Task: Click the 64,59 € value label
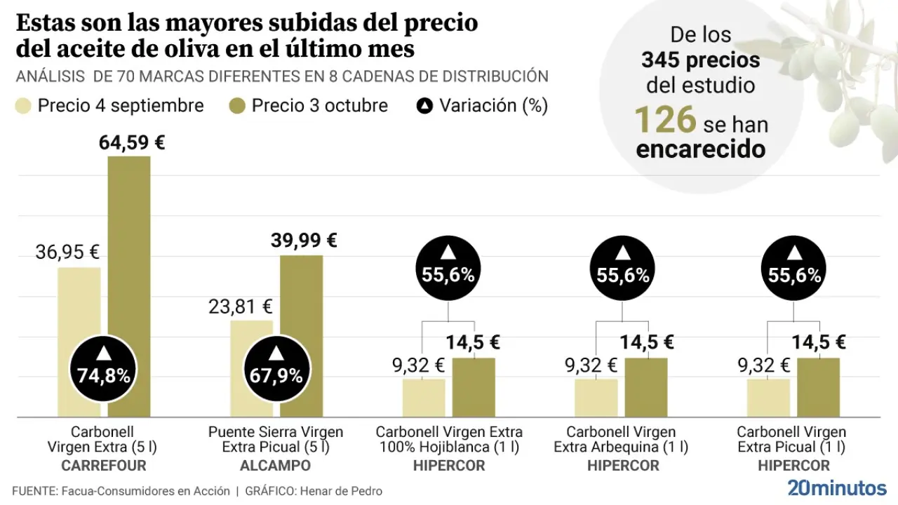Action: point(132,144)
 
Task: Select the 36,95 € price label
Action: point(67,251)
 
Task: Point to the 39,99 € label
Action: point(304,241)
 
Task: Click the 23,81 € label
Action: point(240,307)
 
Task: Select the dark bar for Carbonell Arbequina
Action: point(646,387)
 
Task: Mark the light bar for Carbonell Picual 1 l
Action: point(768,398)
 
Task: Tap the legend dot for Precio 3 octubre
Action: point(237,106)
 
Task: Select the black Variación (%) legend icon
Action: point(424,106)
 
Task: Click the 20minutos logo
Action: point(836,487)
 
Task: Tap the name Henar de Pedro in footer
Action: point(341,491)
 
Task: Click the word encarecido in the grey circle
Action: point(700,149)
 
